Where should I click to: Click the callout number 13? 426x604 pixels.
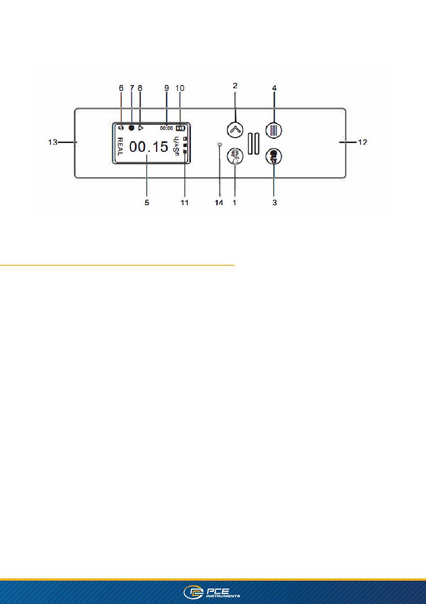(53, 142)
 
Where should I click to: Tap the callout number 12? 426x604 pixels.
(362, 142)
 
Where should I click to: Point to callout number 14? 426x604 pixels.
(219, 203)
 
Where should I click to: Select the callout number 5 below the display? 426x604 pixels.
(147, 203)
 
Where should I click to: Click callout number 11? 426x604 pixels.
(185, 203)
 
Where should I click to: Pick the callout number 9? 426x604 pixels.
(166, 88)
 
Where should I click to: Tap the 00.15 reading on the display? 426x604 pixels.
(149, 147)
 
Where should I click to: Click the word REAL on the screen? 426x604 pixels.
(120, 147)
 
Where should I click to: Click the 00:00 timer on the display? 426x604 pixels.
(166, 128)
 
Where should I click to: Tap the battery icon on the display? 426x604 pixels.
(181, 128)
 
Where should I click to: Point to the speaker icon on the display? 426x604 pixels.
(121, 128)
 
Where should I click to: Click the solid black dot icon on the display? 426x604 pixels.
(131, 128)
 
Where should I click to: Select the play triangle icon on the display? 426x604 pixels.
(140, 128)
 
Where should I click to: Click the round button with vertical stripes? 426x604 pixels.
(274, 130)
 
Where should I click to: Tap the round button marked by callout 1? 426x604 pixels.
(235, 156)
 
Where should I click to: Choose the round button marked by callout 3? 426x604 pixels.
(274, 156)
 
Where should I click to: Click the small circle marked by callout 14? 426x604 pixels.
(220, 145)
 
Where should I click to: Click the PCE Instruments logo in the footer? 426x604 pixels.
(212, 592)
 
